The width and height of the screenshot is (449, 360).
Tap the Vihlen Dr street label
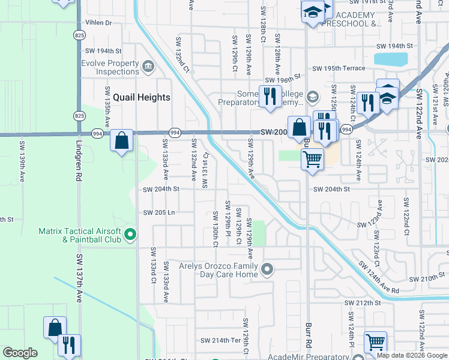[x=98, y=23]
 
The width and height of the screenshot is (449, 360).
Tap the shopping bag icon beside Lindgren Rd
[x=121, y=142]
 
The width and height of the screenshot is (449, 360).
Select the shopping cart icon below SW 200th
[x=312, y=160]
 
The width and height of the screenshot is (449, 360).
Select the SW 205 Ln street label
[x=158, y=212]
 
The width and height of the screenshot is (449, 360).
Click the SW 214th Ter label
[x=220, y=340]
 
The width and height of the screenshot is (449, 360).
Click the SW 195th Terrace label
[x=341, y=68]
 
